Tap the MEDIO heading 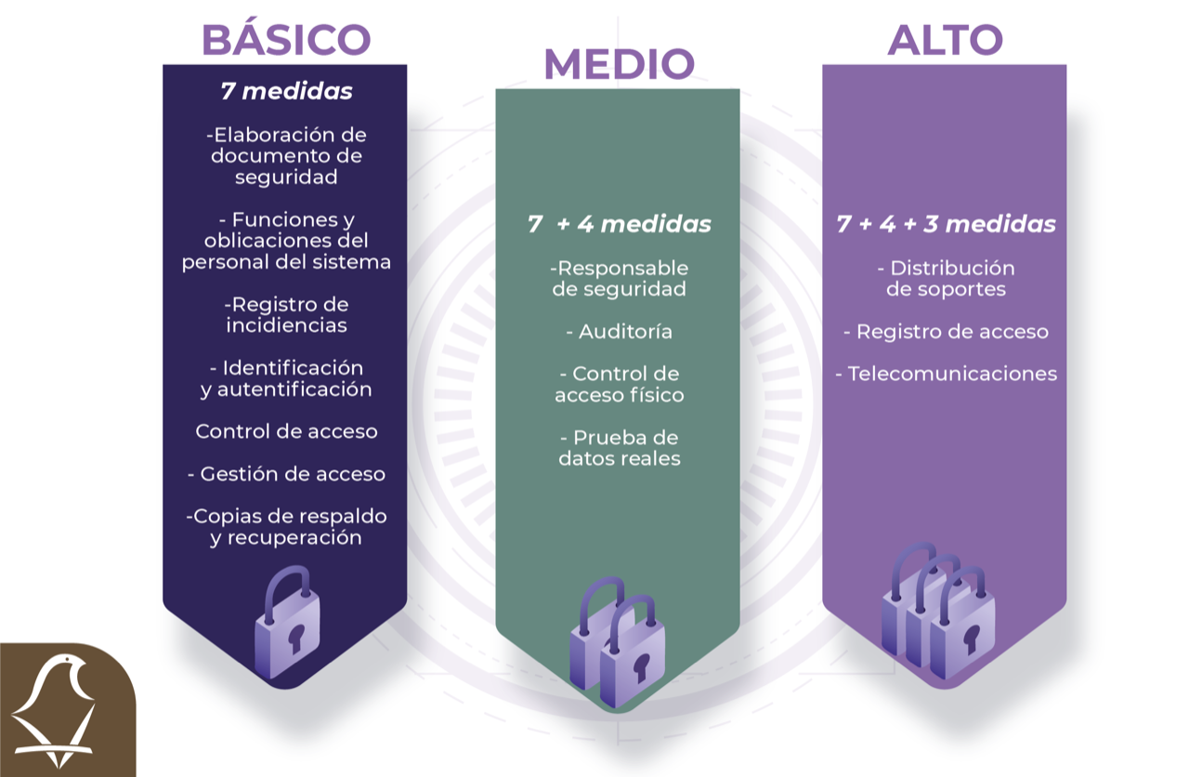(620, 64)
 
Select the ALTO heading (946, 40)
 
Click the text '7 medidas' (287, 91)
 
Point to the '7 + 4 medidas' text (619, 224)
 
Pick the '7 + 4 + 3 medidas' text (946, 224)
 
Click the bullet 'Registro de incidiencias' (287, 315)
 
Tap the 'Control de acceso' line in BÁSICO (287, 431)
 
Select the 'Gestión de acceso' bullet (287, 474)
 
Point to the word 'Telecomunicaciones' (952, 374)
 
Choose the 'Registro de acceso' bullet (946, 332)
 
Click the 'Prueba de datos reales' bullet (620, 448)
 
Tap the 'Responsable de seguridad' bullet (619, 278)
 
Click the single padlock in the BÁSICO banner (288, 623)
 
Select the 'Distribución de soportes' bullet (946, 278)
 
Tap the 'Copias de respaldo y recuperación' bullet (287, 527)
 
